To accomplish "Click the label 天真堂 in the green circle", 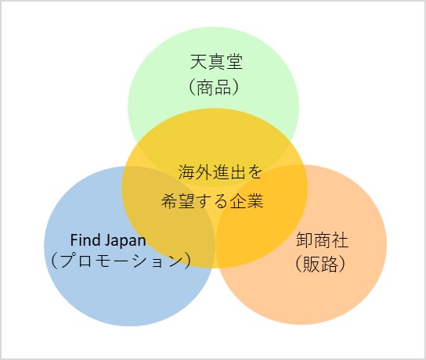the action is click(x=216, y=62).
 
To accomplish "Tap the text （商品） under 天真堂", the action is click(x=214, y=88).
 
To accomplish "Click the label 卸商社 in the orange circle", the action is click(x=322, y=240).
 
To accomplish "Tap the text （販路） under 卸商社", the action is click(x=320, y=265).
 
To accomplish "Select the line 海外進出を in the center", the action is click(x=220, y=172).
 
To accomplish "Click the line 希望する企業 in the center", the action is click(x=212, y=201).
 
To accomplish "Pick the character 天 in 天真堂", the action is click(x=199, y=62).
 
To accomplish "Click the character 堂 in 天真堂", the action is click(x=234, y=62).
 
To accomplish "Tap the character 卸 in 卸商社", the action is click(x=305, y=240).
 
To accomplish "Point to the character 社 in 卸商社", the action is click(x=340, y=240).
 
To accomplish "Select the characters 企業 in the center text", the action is click(x=247, y=201).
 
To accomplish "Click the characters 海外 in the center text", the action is click(x=195, y=172).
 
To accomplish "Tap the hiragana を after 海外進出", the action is click(x=254, y=172).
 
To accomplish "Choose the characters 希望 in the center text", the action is click(x=178, y=201).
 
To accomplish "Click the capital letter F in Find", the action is click(x=74, y=240).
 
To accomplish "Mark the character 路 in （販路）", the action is click(x=329, y=265).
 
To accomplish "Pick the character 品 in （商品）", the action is click(x=222, y=88).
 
